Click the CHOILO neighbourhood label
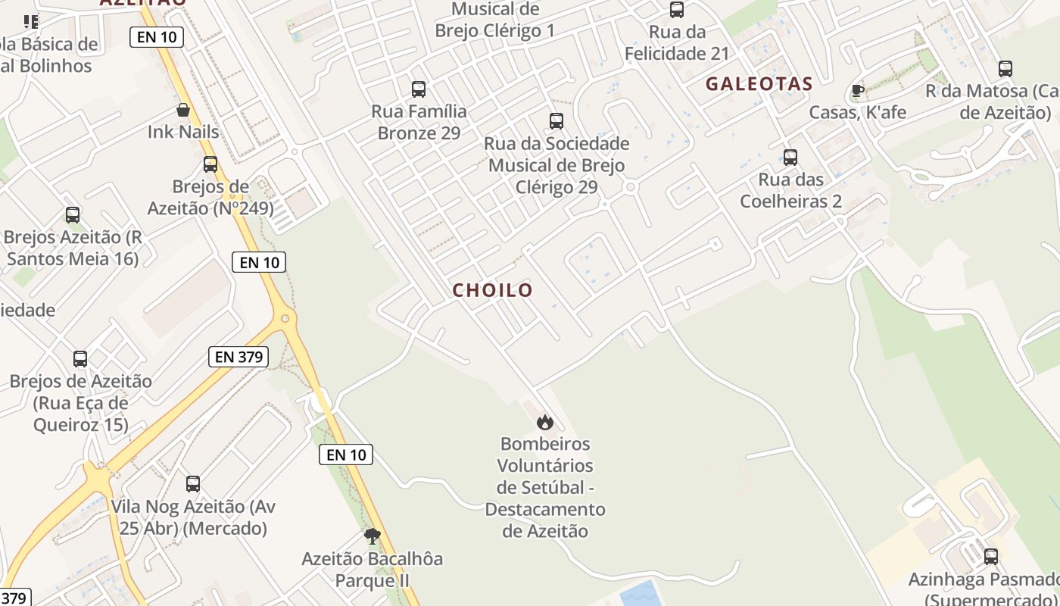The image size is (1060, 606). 493,290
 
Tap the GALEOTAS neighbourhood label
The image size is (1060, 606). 759,84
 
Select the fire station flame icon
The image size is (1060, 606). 545,422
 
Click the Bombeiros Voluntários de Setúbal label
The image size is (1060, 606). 545,487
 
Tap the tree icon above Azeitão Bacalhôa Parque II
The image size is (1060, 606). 372,536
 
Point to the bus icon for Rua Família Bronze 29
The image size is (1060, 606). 419,89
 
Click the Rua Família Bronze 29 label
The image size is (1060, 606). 419,122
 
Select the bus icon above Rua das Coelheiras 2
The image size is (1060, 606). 790,158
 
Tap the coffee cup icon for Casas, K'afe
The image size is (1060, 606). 857,91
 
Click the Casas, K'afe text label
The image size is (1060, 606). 857,113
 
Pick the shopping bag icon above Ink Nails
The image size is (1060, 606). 183,111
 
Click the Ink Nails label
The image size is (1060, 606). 183,132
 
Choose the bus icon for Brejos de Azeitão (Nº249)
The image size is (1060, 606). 210,164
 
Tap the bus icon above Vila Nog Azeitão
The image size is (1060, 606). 193,483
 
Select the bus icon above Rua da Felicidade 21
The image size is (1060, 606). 677,10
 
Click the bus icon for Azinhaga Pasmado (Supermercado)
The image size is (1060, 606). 990,557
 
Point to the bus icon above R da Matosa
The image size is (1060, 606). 1005,69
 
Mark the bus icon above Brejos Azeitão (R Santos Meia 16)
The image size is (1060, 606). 73,215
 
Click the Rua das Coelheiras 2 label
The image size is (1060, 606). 790,191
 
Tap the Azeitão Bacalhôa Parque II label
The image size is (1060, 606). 372,570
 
